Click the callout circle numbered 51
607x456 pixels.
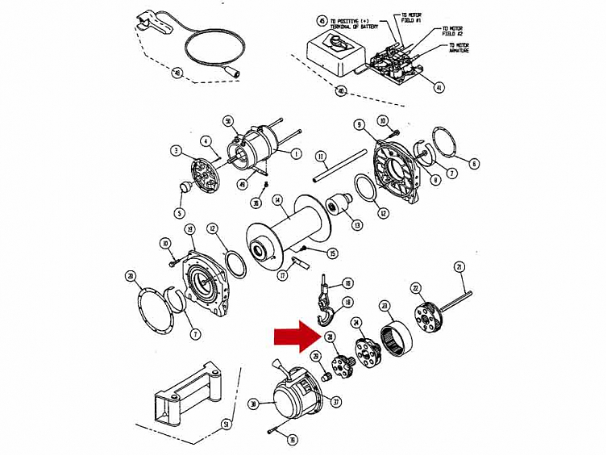click(227, 423)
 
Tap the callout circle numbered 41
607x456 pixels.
click(439, 87)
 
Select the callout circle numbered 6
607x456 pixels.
click(475, 164)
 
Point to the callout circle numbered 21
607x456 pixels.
click(459, 267)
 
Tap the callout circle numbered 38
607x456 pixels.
click(254, 404)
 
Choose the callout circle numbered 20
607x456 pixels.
click(130, 276)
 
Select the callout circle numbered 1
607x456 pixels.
click(297, 153)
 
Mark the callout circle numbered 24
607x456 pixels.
click(355, 322)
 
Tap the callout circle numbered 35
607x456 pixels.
click(293, 440)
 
